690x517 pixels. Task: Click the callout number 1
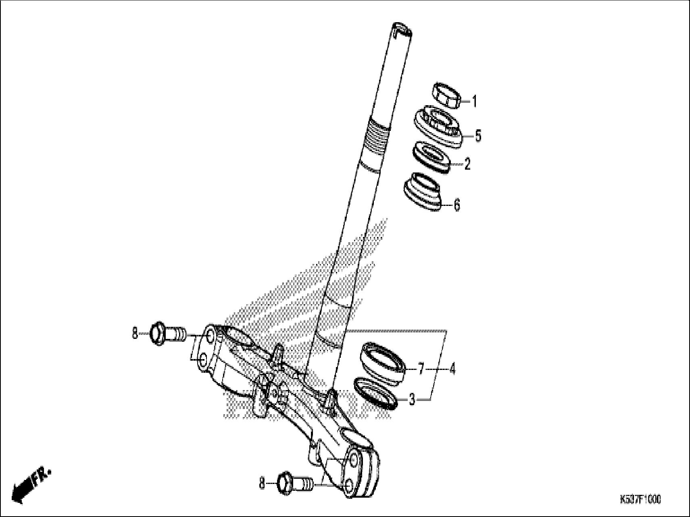[475, 102]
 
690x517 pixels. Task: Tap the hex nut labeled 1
[447, 96]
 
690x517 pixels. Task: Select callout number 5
[478, 136]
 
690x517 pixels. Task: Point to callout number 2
[467, 164]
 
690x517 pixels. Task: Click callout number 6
[457, 205]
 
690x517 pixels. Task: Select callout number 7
[421, 368]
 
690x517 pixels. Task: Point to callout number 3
[411, 400]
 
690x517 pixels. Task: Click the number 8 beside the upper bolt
[135, 334]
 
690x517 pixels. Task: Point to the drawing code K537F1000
[640, 500]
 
